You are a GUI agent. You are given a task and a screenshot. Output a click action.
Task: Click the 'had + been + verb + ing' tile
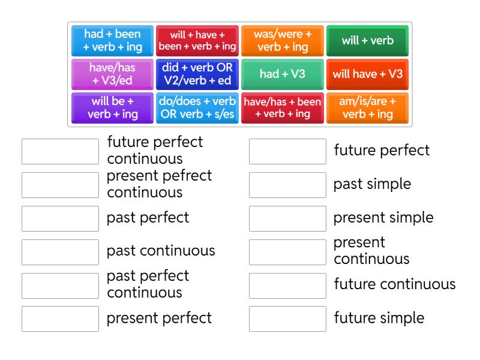112,41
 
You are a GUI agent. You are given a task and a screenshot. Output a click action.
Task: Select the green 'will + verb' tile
367,41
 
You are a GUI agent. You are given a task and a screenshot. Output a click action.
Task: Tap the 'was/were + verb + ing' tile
282,41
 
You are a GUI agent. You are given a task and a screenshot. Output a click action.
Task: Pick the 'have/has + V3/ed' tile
112,74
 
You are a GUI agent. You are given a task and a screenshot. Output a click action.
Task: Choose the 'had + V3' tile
282,74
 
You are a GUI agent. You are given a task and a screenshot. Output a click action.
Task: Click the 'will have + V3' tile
367,74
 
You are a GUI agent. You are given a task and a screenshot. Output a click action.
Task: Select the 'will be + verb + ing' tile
112,108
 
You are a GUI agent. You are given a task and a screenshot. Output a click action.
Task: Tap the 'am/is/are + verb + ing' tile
367,108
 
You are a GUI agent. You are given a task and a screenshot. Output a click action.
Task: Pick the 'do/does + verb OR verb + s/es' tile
197,108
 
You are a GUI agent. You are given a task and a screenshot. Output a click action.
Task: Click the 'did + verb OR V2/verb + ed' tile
197,74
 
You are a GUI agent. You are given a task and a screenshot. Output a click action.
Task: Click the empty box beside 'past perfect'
61,218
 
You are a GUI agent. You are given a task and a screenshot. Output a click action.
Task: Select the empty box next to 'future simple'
287,319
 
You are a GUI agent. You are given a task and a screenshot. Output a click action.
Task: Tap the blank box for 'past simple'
287,185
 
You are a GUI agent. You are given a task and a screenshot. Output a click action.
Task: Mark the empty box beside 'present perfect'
61,319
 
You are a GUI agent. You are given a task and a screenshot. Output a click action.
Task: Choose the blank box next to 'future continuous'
287,286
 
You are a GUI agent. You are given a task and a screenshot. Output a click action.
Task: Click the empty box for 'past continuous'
61,252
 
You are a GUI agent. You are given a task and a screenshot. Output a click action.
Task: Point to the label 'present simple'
383,218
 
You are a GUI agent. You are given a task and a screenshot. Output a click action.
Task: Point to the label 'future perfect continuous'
155,151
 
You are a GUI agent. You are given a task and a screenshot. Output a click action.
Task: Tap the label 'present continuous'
371,251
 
